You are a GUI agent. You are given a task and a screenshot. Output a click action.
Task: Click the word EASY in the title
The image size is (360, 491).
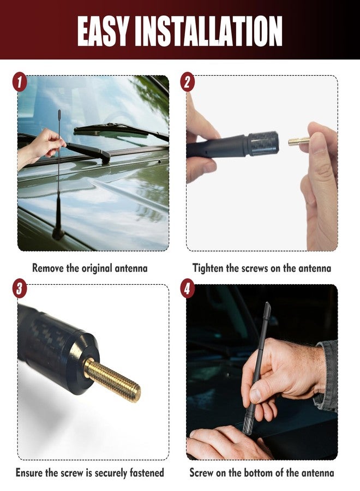103,31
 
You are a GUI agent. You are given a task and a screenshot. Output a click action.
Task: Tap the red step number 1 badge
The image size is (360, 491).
20,83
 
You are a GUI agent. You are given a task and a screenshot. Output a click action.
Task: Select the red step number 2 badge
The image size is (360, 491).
188,83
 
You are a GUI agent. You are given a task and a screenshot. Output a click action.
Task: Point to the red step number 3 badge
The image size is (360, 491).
20,289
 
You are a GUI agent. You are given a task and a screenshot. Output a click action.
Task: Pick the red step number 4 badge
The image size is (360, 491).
188,289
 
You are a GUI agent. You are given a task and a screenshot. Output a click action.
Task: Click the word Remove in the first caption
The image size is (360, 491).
48,268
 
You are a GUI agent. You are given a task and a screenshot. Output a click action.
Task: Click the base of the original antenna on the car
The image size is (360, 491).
58,233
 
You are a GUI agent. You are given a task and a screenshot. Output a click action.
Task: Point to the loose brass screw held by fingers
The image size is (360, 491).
298,141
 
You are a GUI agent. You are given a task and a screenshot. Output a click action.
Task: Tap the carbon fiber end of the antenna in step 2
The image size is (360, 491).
263,143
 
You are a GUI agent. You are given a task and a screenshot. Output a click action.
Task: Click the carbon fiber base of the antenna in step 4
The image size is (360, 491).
248,424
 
